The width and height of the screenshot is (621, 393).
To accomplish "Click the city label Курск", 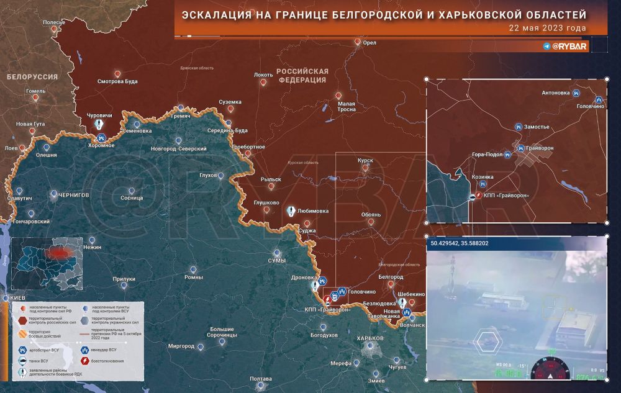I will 365,160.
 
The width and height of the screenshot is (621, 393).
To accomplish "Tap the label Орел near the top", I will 369,43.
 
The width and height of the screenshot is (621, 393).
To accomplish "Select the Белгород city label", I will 391,276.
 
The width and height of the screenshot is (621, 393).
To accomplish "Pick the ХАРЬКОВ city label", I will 371,338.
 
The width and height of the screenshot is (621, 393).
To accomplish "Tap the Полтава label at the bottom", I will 260,379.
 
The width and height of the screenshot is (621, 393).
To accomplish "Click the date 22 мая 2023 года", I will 547,29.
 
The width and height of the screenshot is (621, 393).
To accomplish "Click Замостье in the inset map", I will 537,127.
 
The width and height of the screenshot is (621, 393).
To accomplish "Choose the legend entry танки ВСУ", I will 38,360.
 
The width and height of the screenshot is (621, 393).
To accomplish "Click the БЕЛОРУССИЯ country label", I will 32,77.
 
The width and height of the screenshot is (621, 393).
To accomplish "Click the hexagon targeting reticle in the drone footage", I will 486,338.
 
